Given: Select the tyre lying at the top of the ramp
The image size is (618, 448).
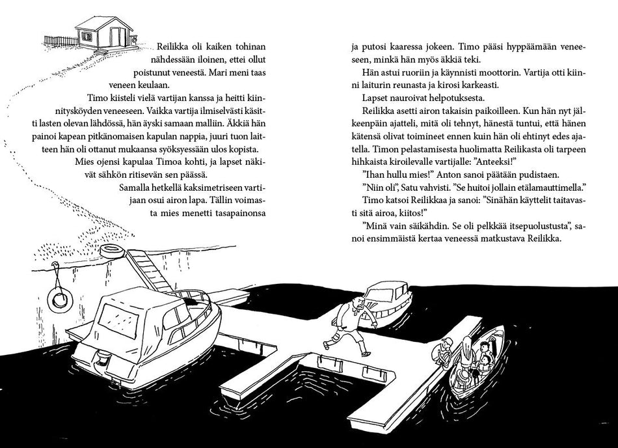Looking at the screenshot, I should [x=110, y=251].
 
